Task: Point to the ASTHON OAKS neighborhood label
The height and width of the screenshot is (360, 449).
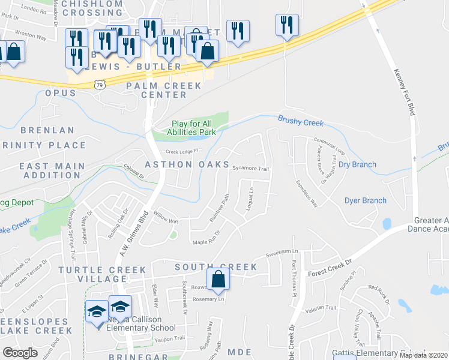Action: [x=186, y=164]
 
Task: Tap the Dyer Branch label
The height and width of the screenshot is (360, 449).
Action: [x=365, y=200]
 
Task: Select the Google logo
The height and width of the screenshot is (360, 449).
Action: [x=20, y=353]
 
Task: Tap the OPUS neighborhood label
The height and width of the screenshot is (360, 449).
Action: [x=61, y=93]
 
